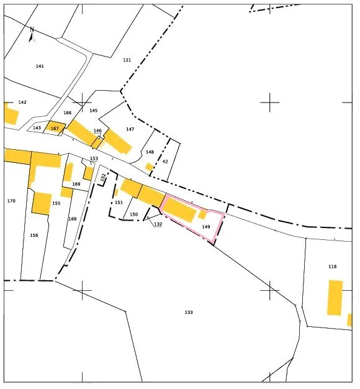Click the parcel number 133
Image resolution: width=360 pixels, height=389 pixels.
point(189,312)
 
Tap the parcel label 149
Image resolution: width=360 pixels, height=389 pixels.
point(206,227)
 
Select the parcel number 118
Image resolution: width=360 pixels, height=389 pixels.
point(332,267)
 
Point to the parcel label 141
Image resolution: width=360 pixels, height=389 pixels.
point(40,66)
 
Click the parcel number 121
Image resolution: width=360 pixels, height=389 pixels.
point(127,60)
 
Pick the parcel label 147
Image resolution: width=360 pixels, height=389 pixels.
point(130,129)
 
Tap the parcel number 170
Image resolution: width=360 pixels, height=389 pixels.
point(11,201)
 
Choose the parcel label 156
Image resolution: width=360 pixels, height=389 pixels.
point(34,235)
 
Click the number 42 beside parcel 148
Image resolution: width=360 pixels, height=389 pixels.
point(165,162)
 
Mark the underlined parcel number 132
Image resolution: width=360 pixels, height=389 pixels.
point(158,224)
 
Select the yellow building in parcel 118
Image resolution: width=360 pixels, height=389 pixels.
point(335,298)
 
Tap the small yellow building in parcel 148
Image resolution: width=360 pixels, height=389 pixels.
point(149,167)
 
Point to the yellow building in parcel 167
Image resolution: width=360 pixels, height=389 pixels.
point(55,127)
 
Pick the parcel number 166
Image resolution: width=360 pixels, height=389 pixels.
point(67,113)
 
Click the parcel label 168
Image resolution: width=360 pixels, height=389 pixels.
point(73,219)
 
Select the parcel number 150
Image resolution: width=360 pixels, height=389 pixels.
point(133,214)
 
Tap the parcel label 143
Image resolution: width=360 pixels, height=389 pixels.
point(37,128)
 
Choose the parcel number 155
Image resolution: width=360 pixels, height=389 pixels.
point(56,203)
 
